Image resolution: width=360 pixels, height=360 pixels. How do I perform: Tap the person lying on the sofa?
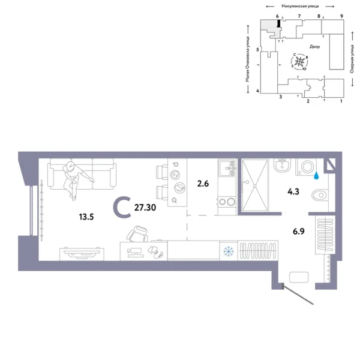tap(75, 178)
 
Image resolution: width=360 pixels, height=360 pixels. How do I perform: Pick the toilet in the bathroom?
tap(320, 194)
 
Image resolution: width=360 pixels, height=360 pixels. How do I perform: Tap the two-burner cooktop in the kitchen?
tap(226, 202)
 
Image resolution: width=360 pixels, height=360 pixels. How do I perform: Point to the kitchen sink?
tap(226, 167)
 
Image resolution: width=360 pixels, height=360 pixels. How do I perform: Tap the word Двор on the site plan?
tap(314, 46)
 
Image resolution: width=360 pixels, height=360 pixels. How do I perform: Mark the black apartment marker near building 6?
tap(278, 23)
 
